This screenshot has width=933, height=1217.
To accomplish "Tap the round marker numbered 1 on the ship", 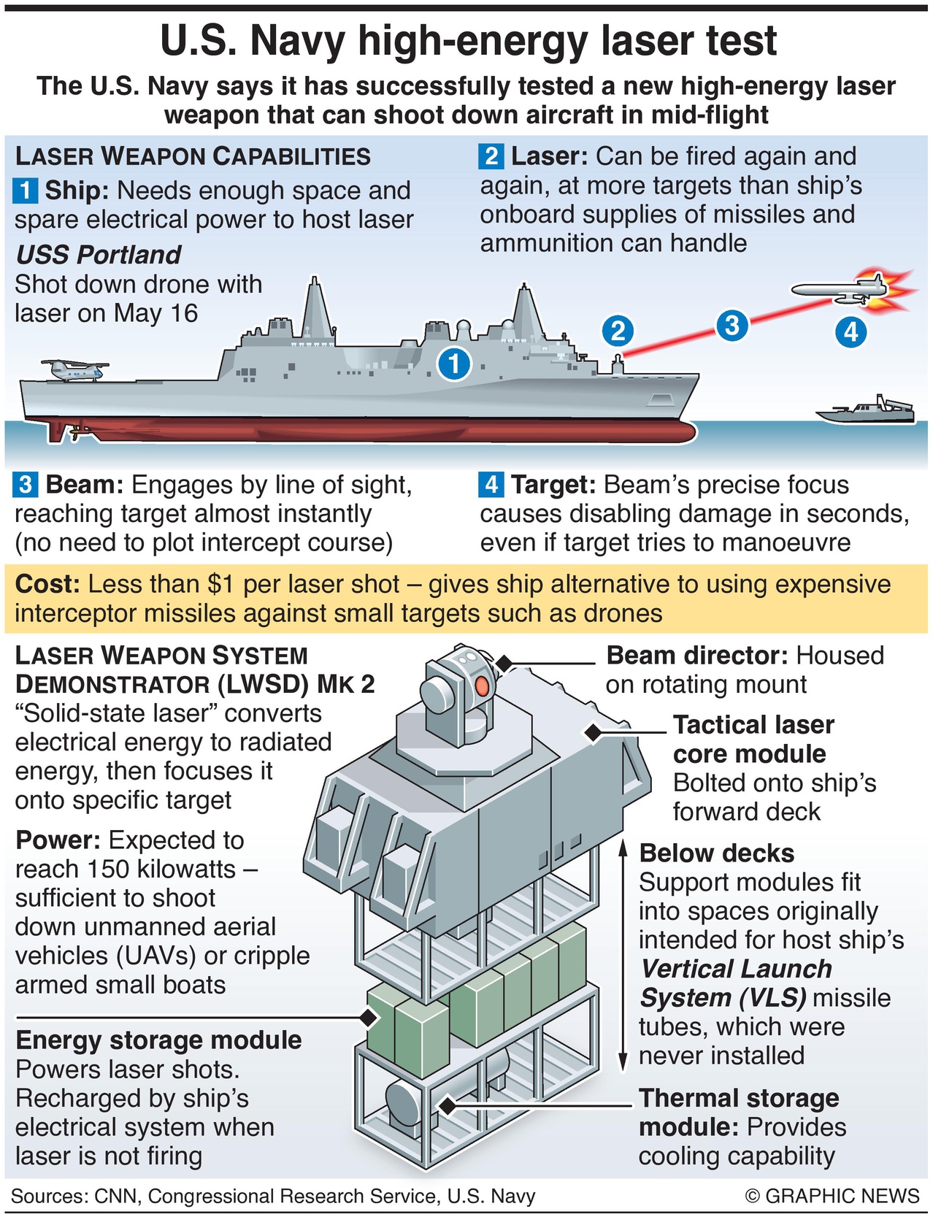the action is (454, 363).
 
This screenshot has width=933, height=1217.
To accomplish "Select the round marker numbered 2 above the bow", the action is (618, 331).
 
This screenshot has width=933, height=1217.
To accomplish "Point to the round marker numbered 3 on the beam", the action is (732, 325).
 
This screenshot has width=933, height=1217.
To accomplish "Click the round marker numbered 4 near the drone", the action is (851, 333).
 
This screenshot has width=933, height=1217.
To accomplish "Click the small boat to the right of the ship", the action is (866, 410).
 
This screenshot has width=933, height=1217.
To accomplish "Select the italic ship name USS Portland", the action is (99, 255).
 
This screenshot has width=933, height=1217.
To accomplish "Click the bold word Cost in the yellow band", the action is (47, 584).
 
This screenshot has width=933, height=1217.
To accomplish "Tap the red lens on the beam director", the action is (483, 686).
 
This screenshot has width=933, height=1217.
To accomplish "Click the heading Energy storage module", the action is (158, 1040).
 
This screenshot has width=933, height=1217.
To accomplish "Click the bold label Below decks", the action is (717, 853).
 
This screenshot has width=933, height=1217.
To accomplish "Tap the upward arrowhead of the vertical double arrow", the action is (623, 848).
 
